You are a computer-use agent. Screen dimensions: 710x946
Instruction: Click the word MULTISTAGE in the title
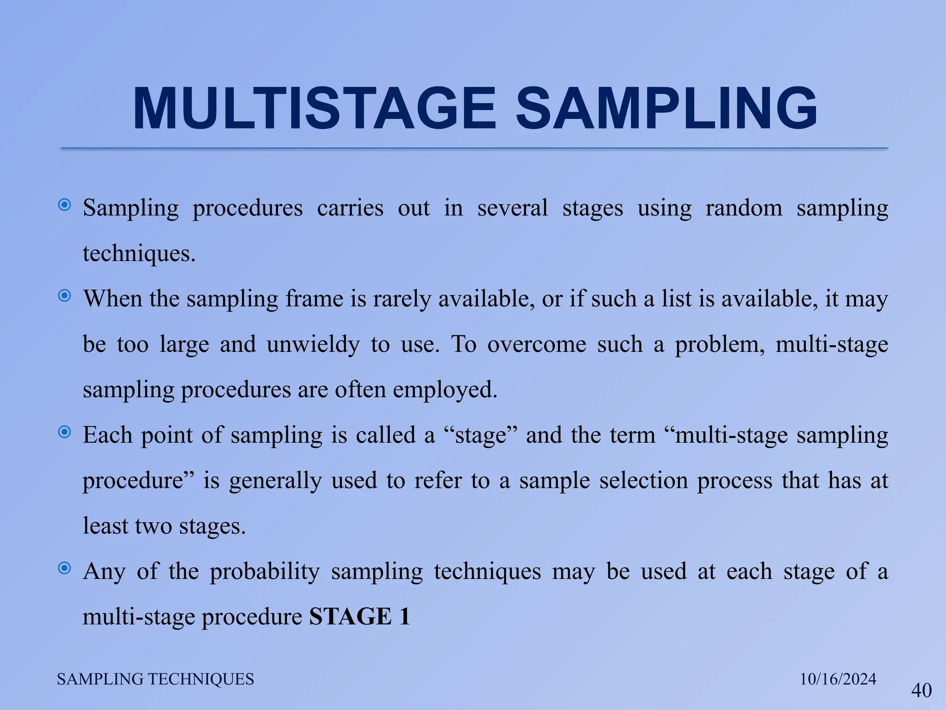click(x=314, y=109)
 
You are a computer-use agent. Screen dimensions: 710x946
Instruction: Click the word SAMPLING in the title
click(x=666, y=109)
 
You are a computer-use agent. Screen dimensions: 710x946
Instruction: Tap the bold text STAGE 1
click(x=359, y=616)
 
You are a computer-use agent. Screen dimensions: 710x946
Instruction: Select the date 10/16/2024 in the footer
click(x=838, y=679)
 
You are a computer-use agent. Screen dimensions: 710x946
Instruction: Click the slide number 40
click(x=921, y=691)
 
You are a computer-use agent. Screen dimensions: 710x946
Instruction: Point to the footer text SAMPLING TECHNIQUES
click(x=155, y=679)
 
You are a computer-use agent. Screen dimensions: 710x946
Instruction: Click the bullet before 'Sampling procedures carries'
click(x=65, y=205)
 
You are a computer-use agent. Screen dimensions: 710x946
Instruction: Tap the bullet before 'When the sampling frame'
click(x=65, y=296)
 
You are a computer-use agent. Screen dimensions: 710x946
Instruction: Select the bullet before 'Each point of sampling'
click(x=65, y=432)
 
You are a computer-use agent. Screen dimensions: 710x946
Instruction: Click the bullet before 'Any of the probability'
click(x=65, y=568)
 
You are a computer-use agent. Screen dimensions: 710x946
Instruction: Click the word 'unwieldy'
click(x=313, y=345)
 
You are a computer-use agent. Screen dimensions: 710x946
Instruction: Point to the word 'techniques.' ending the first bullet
click(x=139, y=254)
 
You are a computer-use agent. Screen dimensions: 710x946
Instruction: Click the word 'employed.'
click(x=445, y=390)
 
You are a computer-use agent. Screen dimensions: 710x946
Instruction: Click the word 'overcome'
click(x=536, y=345)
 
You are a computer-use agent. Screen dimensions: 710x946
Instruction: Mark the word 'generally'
click(x=275, y=481)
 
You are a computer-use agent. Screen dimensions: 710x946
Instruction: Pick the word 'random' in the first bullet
click(x=744, y=208)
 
